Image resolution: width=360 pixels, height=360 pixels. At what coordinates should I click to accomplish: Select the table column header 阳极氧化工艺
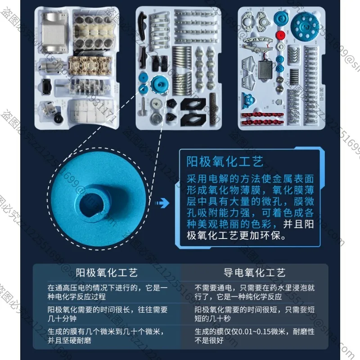point(107,273)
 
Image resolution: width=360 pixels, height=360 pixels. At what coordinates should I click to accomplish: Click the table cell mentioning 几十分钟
point(108,314)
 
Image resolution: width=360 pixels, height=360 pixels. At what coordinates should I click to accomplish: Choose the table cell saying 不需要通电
point(255,291)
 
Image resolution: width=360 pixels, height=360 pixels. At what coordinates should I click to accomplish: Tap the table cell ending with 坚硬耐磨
point(108,336)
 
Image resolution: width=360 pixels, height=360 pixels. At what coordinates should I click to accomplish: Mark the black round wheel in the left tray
point(58,118)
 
